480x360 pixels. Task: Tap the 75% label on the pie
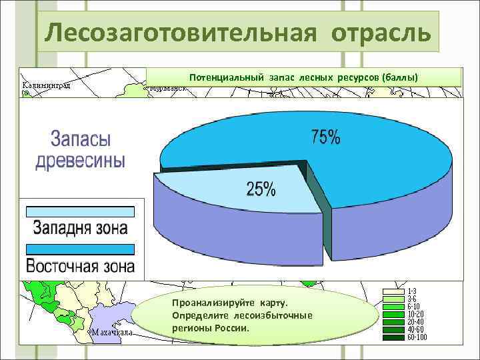(325, 138)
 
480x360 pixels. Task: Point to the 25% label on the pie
(261, 189)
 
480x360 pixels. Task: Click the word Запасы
(81, 140)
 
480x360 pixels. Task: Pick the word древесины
(80, 161)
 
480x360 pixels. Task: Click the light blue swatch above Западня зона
(80, 212)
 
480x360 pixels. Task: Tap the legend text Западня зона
(80, 229)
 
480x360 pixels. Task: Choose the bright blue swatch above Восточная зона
(80, 249)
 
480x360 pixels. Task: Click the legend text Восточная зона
(80, 267)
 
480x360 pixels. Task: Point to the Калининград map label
(47, 85)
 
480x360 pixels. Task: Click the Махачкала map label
(112, 331)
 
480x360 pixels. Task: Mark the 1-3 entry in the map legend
(412, 291)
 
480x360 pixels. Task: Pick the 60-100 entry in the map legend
(417, 337)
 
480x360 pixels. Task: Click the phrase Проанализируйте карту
(229, 303)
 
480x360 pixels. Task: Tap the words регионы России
(210, 328)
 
